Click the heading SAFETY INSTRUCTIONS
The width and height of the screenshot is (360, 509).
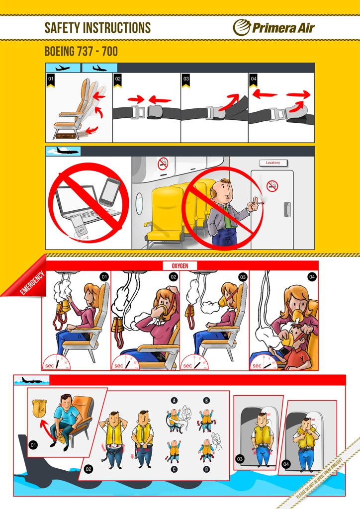(x=97, y=28)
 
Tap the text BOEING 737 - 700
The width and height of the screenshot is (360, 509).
(x=81, y=52)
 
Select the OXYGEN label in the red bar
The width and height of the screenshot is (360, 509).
(x=180, y=265)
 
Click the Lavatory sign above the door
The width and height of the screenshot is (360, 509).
(x=272, y=163)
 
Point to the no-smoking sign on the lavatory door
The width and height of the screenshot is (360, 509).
(x=272, y=186)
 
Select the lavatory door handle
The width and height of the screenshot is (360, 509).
(x=287, y=210)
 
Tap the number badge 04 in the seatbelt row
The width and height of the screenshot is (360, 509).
(x=254, y=79)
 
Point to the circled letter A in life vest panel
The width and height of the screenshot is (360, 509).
(x=175, y=401)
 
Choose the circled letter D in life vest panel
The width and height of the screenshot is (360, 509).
(x=206, y=469)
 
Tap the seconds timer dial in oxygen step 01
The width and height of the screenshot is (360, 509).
(x=56, y=362)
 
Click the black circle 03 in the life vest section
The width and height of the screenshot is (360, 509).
(x=240, y=459)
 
